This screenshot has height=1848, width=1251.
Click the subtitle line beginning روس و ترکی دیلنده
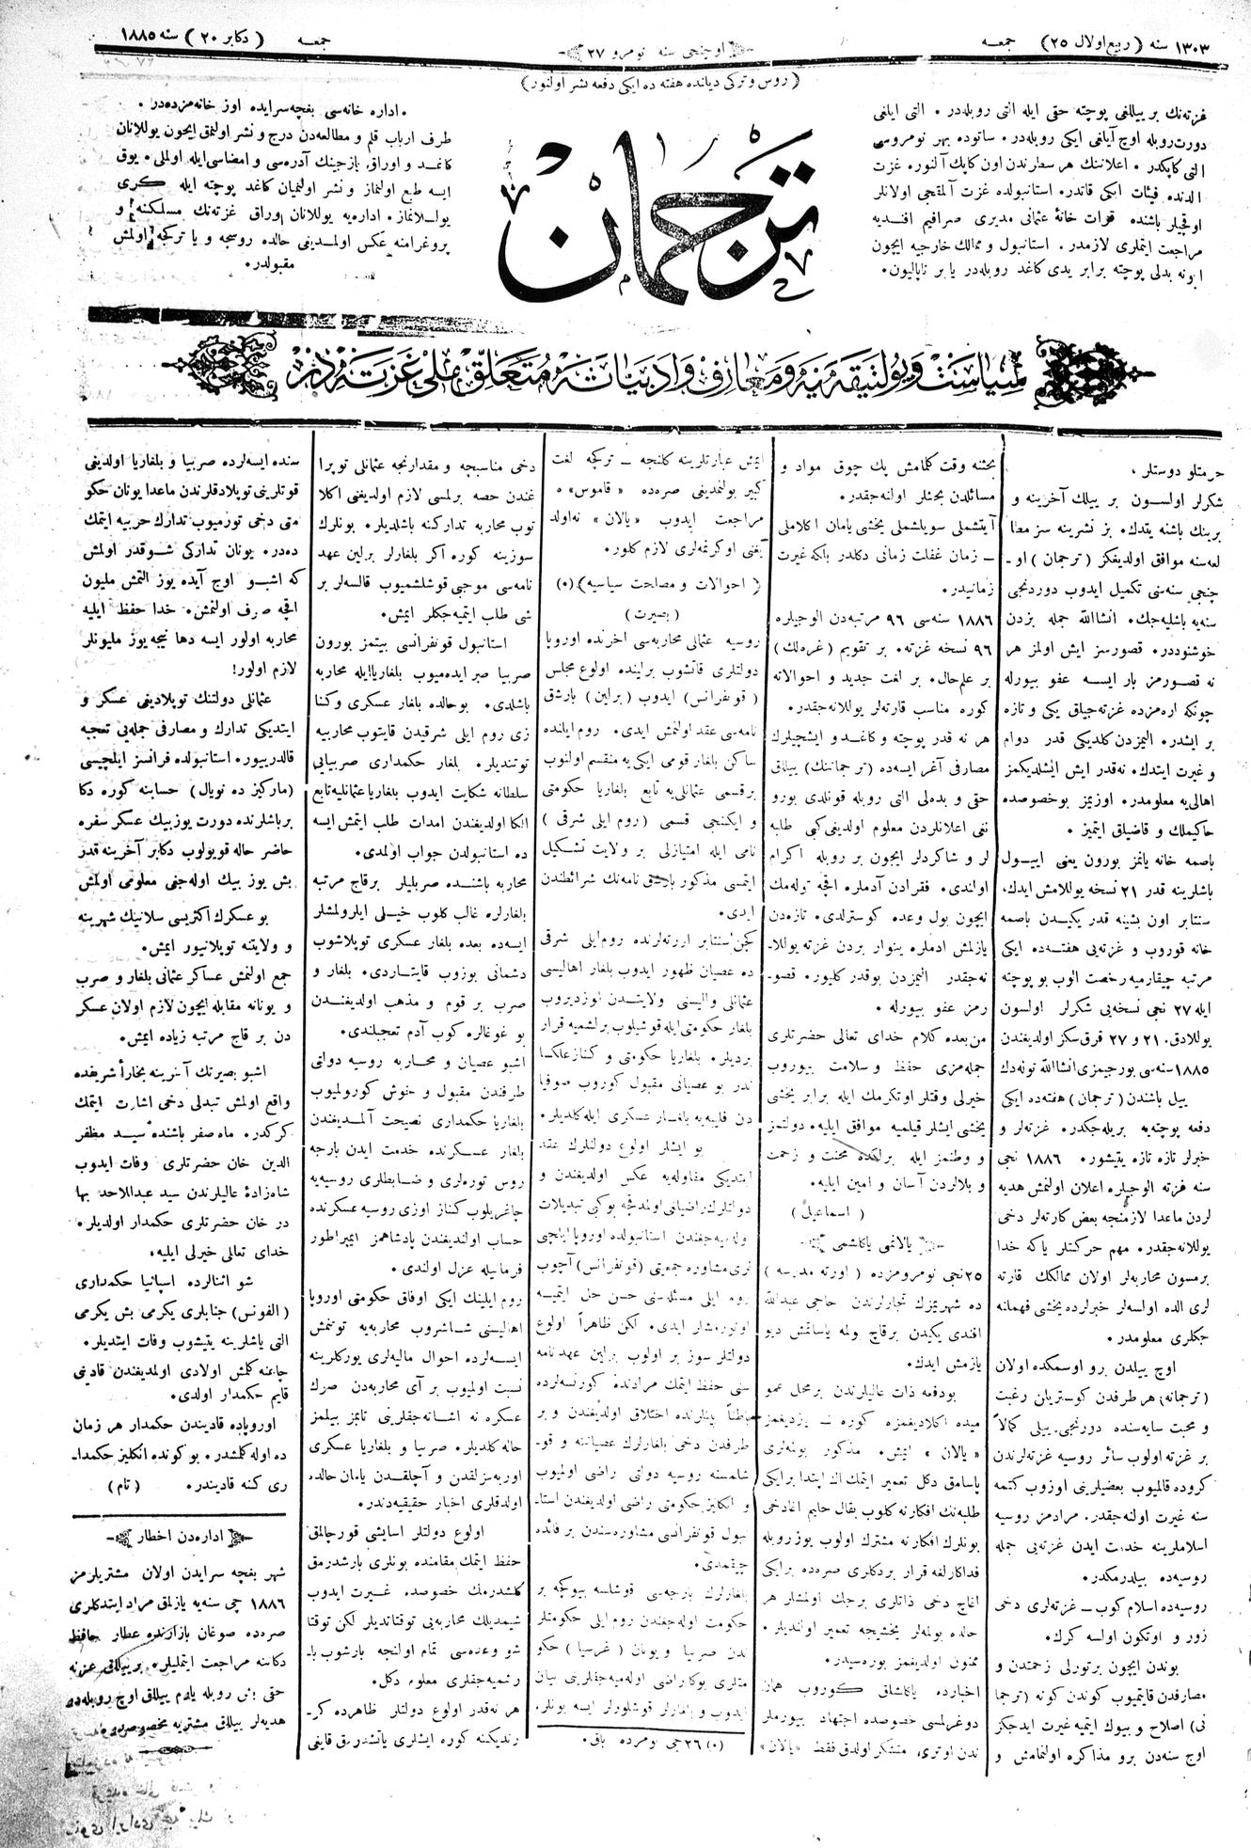[x=658, y=81]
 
